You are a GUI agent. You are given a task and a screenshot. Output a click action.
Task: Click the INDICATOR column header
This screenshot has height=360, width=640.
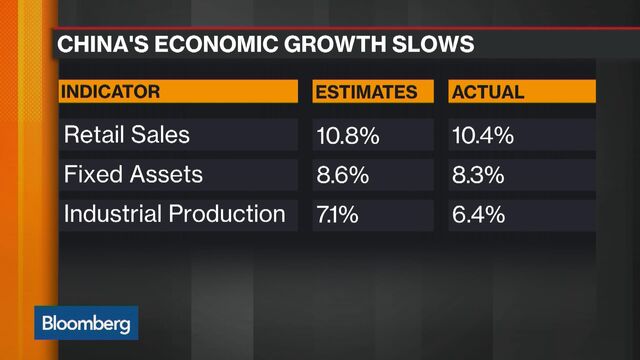(112, 92)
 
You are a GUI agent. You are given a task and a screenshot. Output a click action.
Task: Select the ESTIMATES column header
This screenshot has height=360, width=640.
(366, 92)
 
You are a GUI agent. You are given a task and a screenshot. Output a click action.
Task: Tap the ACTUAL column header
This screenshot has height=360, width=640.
(488, 92)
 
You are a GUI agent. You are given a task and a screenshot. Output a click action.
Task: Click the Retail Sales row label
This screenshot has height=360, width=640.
(126, 134)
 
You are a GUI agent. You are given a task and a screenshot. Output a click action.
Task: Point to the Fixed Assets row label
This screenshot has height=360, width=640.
(133, 174)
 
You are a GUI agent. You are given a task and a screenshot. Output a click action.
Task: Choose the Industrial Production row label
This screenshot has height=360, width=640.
(175, 214)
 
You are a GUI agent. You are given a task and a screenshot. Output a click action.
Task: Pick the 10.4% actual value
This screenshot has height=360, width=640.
(482, 134)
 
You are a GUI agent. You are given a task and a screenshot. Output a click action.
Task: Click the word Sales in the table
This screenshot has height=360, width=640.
(160, 134)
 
